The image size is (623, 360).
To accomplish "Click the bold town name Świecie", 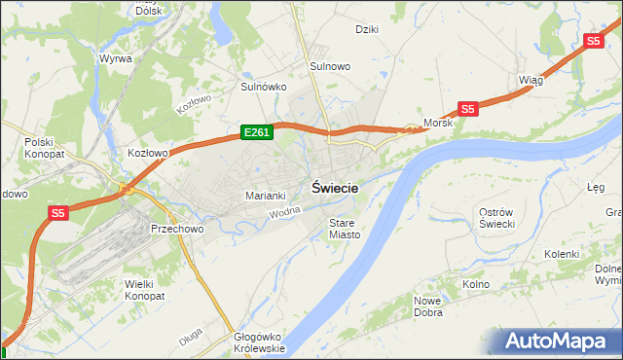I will point(335,189).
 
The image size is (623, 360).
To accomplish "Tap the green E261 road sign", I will point(256,131).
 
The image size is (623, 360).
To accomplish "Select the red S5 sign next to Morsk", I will point(468,110).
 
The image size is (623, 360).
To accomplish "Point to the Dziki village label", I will point(366,29).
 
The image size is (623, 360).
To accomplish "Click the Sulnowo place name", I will point(330,66).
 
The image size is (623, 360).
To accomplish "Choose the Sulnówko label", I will point(263,87).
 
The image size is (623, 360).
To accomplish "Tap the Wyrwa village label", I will point(115,57).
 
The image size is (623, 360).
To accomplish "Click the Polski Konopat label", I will point(44,148).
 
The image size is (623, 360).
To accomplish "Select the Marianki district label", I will point(265,196).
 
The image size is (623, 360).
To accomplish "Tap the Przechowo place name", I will point(176,229).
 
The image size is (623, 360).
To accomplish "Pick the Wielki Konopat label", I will point(145,289).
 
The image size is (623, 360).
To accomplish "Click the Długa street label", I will point(191,341).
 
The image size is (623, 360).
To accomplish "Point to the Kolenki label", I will point(562,254).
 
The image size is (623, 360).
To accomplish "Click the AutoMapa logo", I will point(562,341).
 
